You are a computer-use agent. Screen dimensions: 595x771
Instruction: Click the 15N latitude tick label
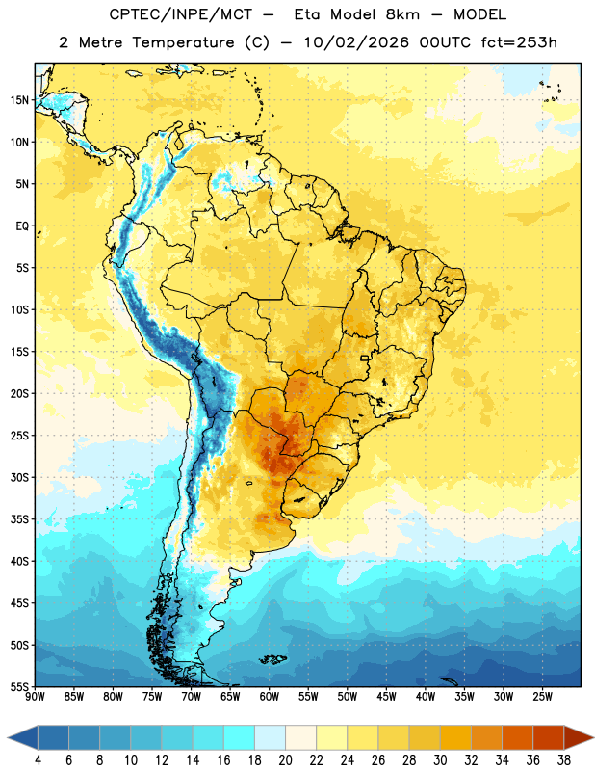[x=19, y=100]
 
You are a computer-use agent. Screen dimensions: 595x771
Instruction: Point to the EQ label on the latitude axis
[x=22, y=226]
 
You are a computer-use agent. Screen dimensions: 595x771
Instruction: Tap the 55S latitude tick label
[x=19, y=686]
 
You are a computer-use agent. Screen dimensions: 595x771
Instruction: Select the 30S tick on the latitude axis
[x=19, y=477]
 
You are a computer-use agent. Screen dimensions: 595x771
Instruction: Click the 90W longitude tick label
[x=35, y=696]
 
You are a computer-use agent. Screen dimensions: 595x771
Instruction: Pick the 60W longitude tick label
[x=270, y=696]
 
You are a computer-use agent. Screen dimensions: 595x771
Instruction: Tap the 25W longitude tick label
[x=542, y=696]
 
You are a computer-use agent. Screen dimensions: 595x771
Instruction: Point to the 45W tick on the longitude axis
[x=386, y=696]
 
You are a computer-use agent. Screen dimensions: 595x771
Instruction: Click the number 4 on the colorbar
[x=38, y=760]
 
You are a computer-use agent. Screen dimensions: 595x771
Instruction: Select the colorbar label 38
[x=564, y=760]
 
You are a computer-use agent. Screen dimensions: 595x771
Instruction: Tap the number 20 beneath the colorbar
[x=285, y=760]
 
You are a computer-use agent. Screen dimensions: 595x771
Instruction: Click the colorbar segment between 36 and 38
[x=549, y=738]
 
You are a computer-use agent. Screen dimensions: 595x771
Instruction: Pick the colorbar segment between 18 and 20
[x=270, y=738]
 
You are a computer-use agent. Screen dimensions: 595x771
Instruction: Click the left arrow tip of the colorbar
[x=8, y=738]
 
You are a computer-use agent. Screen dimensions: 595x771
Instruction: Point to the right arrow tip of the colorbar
[x=594, y=738]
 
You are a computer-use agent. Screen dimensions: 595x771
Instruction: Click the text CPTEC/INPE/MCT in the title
[x=180, y=14]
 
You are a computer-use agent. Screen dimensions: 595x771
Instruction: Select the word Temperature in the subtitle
[x=183, y=42]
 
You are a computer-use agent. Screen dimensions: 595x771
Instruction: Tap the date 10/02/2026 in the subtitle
[x=356, y=42]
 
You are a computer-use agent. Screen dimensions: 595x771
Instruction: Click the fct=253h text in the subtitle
[x=519, y=42]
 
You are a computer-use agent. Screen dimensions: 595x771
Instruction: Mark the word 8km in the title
[x=402, y=14]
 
